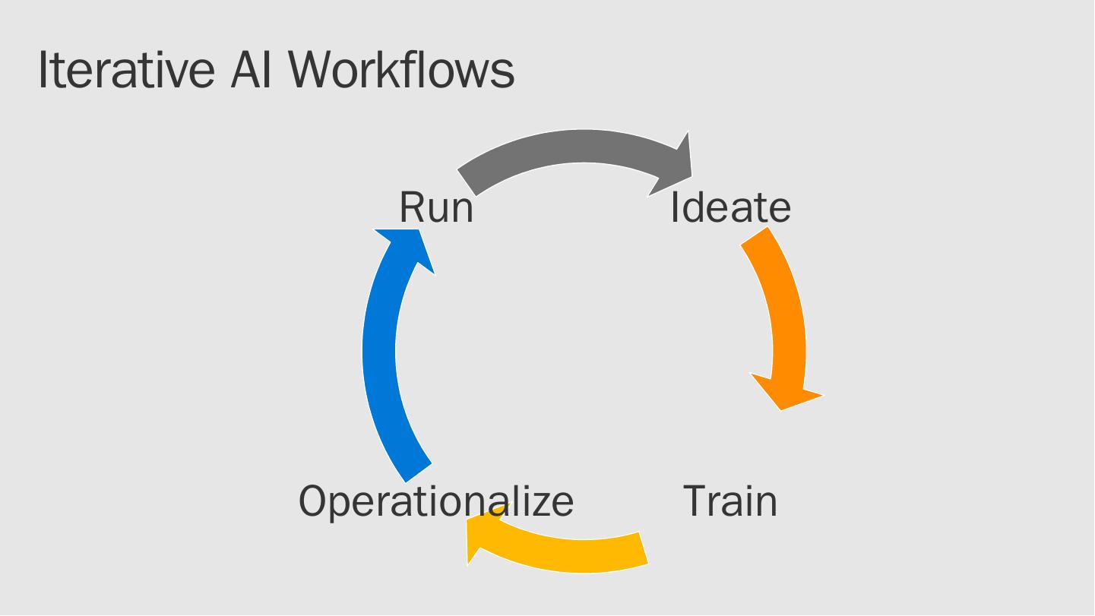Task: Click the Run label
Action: [436, 207]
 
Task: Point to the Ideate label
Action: [730, 207]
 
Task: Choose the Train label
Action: [730, 501]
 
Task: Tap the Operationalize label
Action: [436, 501]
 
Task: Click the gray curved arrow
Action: [578, 147]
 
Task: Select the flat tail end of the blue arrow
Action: [419, 472]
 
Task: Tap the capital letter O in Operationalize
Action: [313, 501]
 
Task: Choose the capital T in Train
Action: [696, 501]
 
